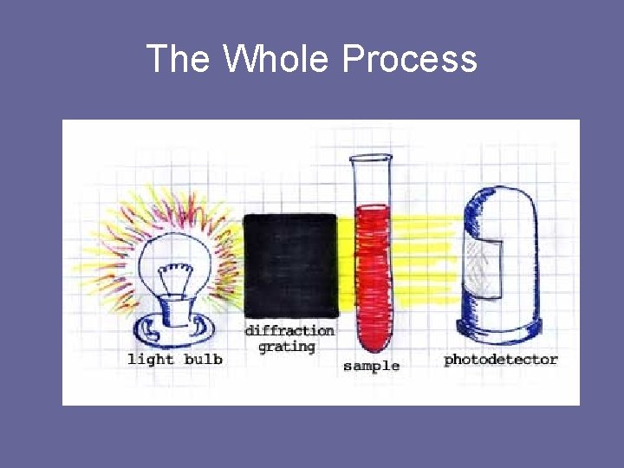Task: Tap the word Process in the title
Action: (409, 59)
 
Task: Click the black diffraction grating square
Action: (289, 265)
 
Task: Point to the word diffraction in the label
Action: (289, 330)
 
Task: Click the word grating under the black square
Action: (287, 347)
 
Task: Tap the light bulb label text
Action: (174, 359)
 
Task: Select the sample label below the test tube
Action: (371, 366)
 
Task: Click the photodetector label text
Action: (501, 359)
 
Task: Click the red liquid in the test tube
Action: (370, 269)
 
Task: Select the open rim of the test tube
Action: (370, 159)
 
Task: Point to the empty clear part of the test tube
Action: (370, 182)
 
